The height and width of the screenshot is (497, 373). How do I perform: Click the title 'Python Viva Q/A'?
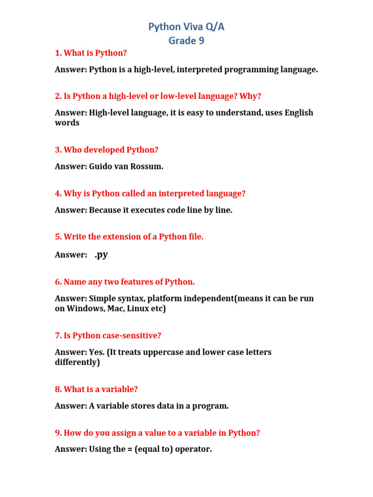tap(186, 27)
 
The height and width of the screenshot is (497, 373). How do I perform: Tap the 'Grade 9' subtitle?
tap(186, 41)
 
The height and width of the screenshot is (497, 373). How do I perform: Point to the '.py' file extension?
tap(101, 254)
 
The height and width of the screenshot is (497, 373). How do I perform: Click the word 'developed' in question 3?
tap(108, 150)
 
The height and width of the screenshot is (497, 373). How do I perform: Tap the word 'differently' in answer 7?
tap(77, 363)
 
